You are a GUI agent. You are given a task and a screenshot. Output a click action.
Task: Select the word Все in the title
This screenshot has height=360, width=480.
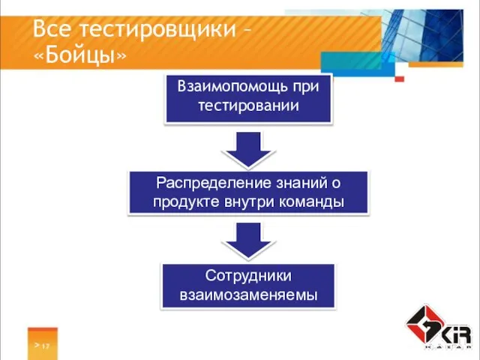(53, 29)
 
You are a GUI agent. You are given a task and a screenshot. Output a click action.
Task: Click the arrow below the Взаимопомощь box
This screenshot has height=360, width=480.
(248, 149)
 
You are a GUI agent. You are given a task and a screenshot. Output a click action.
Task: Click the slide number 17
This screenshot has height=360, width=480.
(46, 346)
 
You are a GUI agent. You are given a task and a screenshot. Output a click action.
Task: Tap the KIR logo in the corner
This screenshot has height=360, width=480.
(438, 327)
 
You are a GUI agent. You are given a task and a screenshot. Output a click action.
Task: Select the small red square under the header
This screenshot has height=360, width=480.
(400, 79)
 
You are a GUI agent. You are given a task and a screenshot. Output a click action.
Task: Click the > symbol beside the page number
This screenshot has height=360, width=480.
(35, 345)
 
